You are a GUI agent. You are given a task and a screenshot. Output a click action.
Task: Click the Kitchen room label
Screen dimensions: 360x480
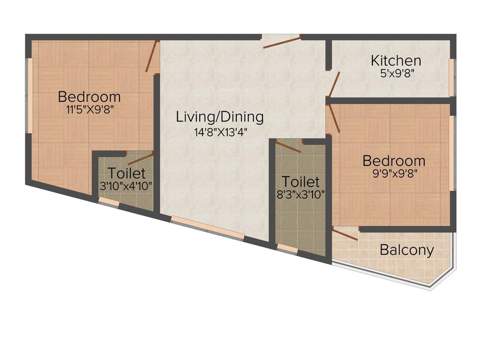(396, 60)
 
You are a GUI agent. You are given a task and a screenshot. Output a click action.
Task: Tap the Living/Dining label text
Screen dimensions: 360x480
(220, 117)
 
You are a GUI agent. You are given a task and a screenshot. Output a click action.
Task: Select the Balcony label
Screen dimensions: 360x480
(406, 250)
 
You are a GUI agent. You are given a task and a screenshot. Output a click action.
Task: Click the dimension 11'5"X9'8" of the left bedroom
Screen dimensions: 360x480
(90, 110)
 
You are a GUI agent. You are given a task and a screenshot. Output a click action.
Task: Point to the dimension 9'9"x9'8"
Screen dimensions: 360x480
(394, 172)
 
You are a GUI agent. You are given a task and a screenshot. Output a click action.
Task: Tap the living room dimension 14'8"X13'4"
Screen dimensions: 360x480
(220, 132)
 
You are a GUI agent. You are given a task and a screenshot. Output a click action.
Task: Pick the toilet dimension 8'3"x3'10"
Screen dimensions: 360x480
(300, 194)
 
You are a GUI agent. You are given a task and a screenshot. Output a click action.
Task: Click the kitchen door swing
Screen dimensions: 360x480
(334, 84)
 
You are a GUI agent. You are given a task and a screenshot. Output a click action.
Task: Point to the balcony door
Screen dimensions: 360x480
(345, 234)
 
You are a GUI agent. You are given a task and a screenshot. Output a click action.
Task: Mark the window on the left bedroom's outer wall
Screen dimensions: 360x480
(30, 96)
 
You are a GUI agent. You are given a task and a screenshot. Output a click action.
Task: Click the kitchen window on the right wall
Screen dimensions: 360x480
(452, 77)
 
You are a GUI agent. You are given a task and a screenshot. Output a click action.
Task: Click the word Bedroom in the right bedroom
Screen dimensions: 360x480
(394, 161)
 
